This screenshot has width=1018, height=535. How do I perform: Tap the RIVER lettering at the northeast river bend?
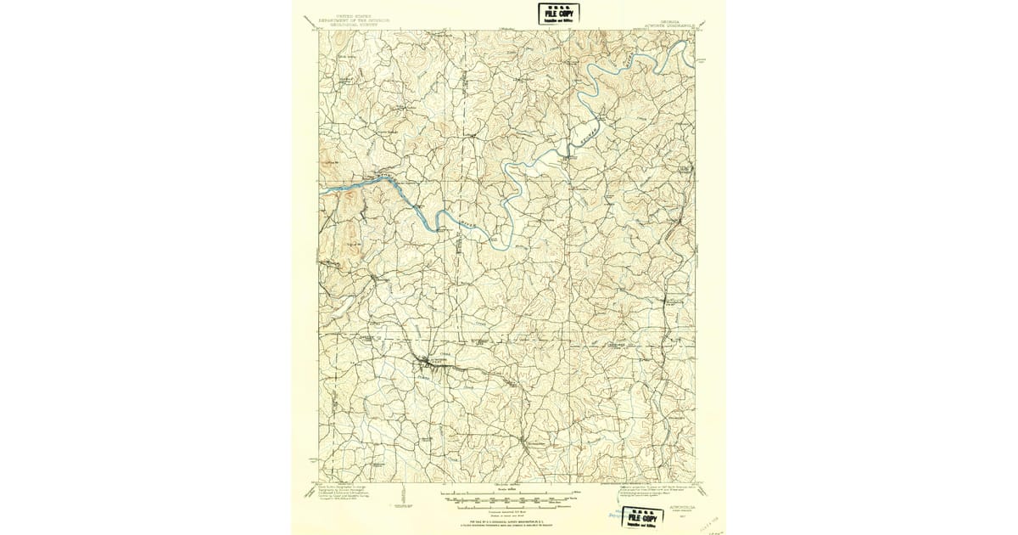[625, 63]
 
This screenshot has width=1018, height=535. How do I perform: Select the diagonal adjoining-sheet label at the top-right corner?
[706, 22]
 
